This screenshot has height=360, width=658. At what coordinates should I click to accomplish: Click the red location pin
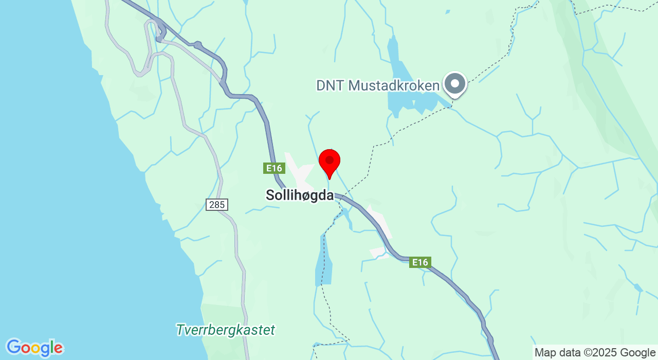[x=330, y=163]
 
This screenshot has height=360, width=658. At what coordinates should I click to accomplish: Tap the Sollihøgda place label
[x=299, y=195]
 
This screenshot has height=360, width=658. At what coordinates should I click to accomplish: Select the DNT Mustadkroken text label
[x=378, y=85]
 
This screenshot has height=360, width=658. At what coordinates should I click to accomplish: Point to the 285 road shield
[x=217, y=205]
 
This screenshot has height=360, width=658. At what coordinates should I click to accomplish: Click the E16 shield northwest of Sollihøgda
[x=274, y=168]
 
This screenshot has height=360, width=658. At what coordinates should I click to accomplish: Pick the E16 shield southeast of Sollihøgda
[x=420, y=262]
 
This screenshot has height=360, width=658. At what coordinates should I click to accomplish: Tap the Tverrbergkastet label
[x=225, y=330]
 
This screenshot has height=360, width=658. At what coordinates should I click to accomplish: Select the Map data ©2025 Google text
[x=595, y=353]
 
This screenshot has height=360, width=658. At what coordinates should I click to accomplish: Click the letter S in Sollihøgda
[x=270, y=195]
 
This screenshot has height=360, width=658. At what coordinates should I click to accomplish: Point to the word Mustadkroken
[x=394, y=85]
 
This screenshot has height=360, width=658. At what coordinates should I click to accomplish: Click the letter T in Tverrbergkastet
[x=180, y=330]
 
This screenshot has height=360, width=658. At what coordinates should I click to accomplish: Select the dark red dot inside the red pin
[x=330, y=160]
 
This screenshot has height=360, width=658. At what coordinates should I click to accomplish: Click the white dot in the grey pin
[x=454, y=83]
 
